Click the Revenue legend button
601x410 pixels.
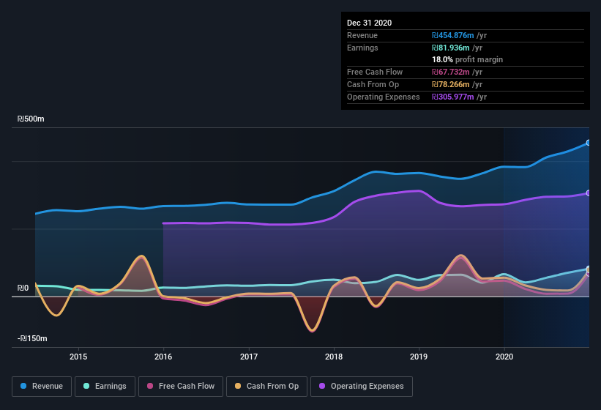coord(42,386)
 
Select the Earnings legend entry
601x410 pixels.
coord(105,386)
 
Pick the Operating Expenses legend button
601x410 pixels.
coord(362,386)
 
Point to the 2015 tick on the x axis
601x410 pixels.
coord(78,357)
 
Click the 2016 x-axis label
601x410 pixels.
coord(163,357)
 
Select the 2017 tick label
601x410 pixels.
coord(249,357)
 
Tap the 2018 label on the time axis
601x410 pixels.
coord(334,357)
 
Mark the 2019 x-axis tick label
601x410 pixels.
coord(419,357)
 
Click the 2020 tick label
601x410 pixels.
coord(504,357)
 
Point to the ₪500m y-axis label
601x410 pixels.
coord(31,119)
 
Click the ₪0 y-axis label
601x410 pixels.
coord(23,288)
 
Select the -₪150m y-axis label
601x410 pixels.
coord(33,338)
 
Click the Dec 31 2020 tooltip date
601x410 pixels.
coord(370,23)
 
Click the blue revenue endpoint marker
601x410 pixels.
coord(589,143)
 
